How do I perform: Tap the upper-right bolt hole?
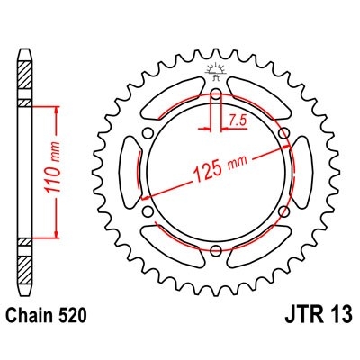(x=283, y=133)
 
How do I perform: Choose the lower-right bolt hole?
(x=283, y=210)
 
